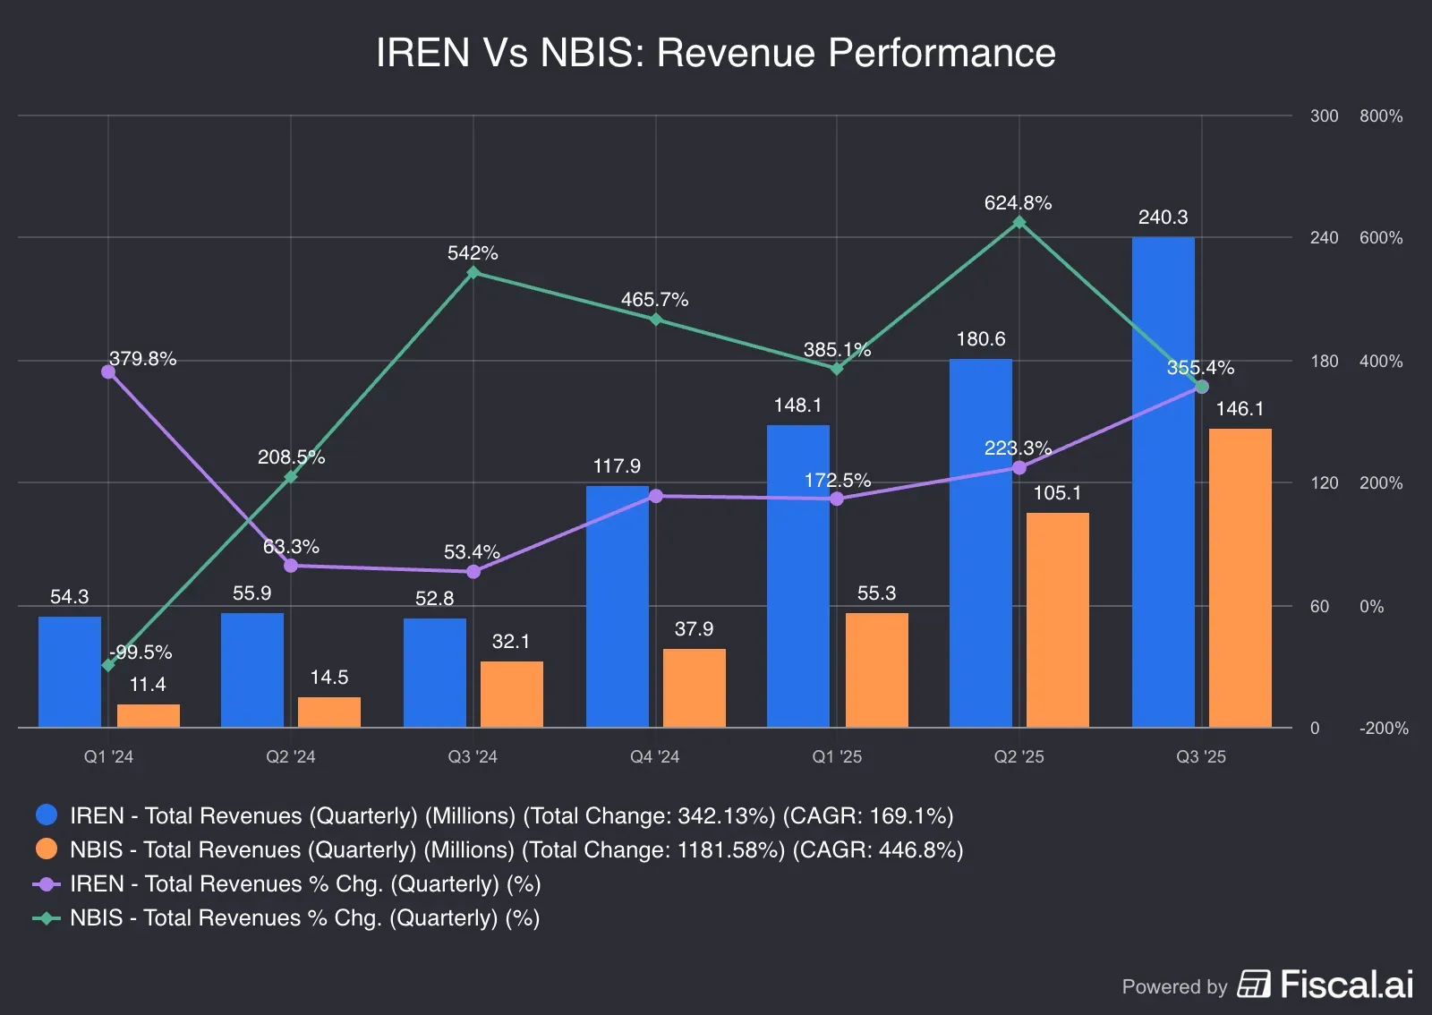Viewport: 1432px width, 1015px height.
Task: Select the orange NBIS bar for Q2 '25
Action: coord(1057,619)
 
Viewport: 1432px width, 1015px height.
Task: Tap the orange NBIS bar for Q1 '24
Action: coord(148,715)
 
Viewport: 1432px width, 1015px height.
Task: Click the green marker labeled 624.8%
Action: coord(1019,222)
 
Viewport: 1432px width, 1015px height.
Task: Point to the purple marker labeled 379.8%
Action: coord(108,371)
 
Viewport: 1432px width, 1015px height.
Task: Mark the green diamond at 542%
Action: coord(473,272)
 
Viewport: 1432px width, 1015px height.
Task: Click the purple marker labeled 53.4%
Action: coord(473,571)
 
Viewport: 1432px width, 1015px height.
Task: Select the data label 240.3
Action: coord(1163,217)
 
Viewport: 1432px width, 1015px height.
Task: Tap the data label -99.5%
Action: coord(141,652)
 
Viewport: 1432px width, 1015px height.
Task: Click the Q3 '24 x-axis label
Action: coord(473,756)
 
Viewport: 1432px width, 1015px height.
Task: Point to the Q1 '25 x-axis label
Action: coord(837,756)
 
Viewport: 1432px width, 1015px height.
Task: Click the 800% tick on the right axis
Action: coord(1380,116)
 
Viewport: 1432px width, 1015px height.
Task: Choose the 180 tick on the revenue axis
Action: coord(1324,361)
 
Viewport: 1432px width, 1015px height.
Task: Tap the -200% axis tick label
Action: coord(1383,728)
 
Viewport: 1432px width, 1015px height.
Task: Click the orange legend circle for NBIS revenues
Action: coord(47,849)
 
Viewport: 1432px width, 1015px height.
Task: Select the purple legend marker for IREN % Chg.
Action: coord(47,883)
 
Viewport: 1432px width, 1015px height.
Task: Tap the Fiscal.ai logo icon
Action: coord(1254,984)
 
